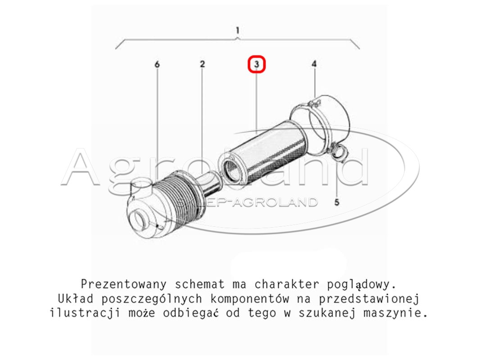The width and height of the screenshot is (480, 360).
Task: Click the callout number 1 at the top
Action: (x=238, y=31)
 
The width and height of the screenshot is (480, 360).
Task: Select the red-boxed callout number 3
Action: (x=257, y=64)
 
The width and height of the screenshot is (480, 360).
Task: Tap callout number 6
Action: (x=157, y=64)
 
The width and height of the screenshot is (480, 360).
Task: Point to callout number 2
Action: (x=202, y=64)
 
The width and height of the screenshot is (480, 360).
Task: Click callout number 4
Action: (x=314, y=64)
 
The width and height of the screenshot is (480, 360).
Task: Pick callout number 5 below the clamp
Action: (x=337, y=202)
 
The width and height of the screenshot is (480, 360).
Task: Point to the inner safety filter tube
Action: (x=210, y=184)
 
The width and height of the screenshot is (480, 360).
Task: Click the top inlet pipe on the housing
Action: (x=141, y=188)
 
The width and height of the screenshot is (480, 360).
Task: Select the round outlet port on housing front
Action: (x=139, y=219)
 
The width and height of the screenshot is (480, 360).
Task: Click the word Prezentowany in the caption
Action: (x=124, y=284)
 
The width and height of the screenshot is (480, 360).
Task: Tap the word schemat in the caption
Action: (x=199, y=284)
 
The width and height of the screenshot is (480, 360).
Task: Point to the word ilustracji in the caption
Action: (x=85, y=313)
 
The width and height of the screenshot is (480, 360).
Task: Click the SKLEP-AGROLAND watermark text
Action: (x=247, y=202)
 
